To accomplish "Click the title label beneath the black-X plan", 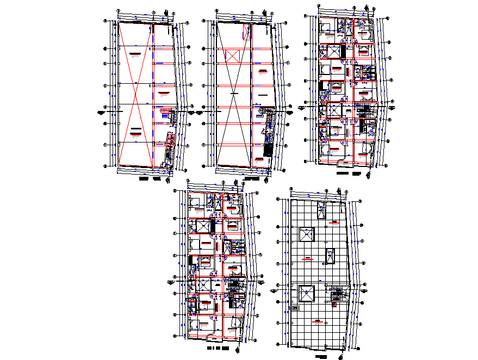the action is [x=252, y=178].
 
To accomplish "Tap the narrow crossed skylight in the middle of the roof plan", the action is [x=330, y=256].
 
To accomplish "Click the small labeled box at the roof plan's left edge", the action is [x=295, y=308].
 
